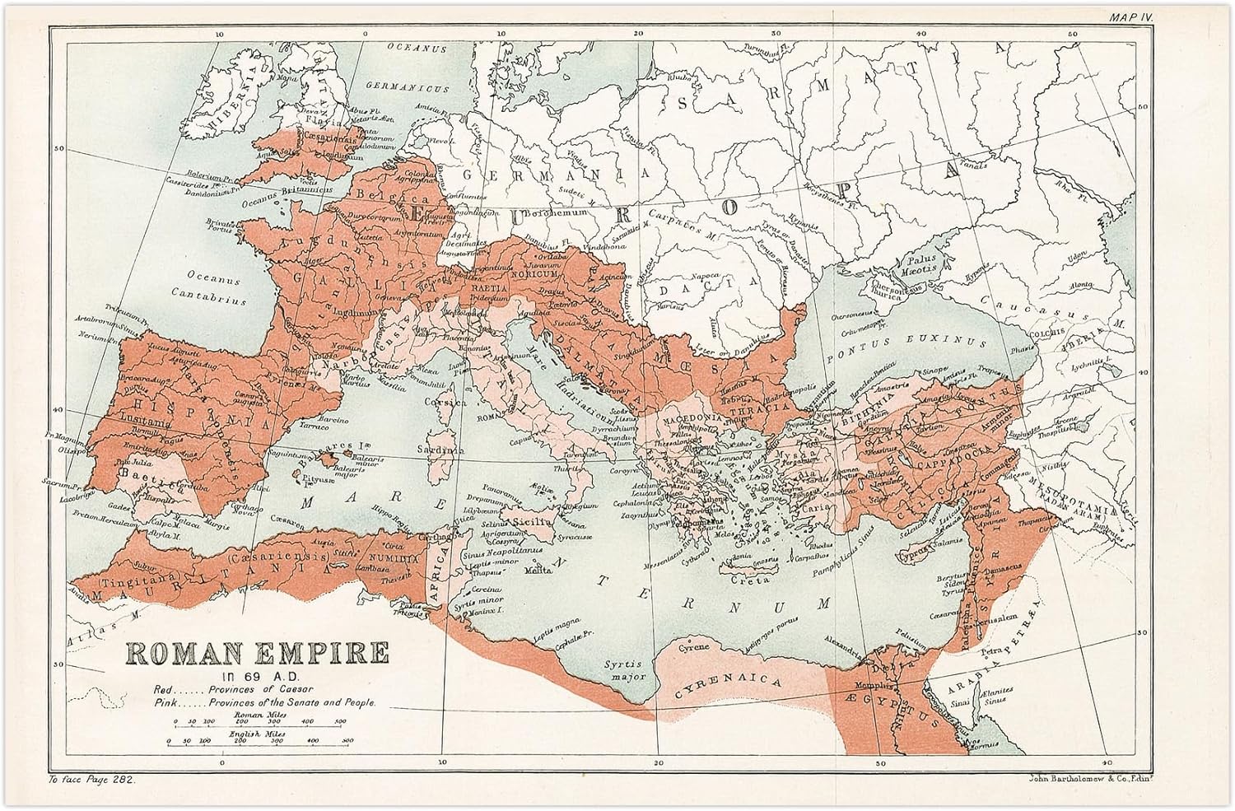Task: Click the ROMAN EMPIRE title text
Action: coord(257,653)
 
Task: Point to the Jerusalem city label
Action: coord(1016,614)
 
